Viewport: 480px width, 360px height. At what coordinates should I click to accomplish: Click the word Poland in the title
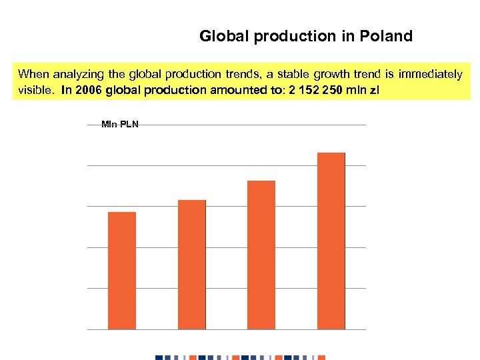tap(388, 36)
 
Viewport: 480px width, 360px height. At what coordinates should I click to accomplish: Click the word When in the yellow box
tap(33, 73)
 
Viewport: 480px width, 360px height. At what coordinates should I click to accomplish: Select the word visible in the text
tap(31, 90)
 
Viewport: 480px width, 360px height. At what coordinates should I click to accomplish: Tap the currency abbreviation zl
tap(373, 90)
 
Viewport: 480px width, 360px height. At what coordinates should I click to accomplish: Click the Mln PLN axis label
tap(120, 124)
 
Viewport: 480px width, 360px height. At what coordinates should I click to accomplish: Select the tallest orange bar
tap(331, 240)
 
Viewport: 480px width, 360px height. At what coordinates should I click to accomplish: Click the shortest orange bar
tap(122, 270)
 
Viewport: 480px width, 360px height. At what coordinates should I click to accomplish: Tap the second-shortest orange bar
tap(192, 264)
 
